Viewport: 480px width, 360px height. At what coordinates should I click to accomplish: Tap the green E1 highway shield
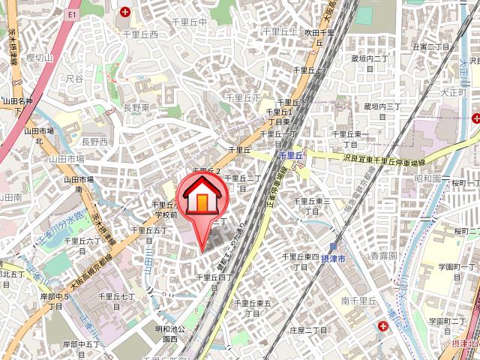72,14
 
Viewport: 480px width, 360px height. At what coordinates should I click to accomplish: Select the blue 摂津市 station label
333,259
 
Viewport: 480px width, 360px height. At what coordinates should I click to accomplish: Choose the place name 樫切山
40,58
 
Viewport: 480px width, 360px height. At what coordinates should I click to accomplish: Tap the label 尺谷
74,78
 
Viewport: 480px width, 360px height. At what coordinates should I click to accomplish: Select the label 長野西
94,141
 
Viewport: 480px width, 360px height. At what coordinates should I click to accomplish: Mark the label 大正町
454,92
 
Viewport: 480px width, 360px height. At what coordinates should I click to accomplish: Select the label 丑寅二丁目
430,46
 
